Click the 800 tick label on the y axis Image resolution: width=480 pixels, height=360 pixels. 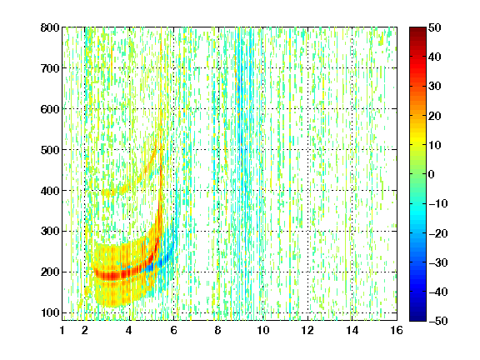coord(50,27)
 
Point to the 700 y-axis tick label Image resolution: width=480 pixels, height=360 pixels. coord(50,68)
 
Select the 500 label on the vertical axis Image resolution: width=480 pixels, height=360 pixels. coord(50,150)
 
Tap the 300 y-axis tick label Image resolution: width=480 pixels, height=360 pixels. coord(50,232)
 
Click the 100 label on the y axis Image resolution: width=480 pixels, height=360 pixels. coord(50,312)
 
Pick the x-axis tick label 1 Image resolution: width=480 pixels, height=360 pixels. coord(62,330)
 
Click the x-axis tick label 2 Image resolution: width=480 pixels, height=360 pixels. coord(85,330)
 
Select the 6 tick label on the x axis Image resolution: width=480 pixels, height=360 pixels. coord(174,330)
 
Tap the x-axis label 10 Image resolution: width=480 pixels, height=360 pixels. coord(263,330)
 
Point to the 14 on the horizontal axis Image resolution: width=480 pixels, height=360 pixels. coord(352,330)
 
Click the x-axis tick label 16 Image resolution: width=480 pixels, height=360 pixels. coord(397,330)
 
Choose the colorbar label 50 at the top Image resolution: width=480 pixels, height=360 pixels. coord(435,27)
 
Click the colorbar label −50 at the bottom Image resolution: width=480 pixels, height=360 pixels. coord(438,321)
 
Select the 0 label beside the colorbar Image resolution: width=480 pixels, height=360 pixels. coord(432,174)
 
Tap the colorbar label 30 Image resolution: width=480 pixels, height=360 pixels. coord(435,87)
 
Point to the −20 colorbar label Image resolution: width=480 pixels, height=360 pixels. coord(438,233)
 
